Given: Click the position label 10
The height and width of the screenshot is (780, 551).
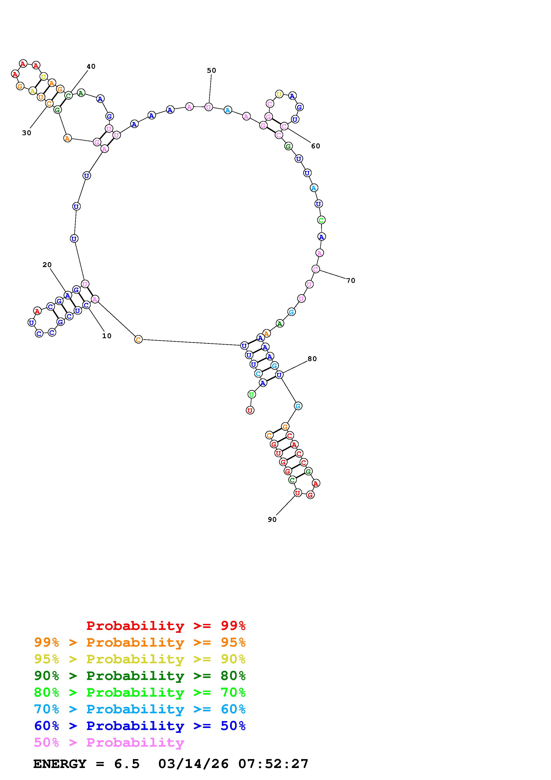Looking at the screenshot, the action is point(107,336).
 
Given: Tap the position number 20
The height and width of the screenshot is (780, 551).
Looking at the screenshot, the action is point(47,265).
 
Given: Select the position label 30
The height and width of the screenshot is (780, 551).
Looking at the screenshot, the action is point(26,133).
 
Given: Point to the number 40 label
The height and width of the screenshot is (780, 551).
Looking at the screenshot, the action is point(91,66).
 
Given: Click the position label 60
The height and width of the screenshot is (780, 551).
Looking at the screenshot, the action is point(316,146).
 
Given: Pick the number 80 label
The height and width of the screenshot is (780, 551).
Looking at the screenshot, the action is point(312,359).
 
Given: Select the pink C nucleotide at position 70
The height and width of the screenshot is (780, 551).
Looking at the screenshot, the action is point(316,269).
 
